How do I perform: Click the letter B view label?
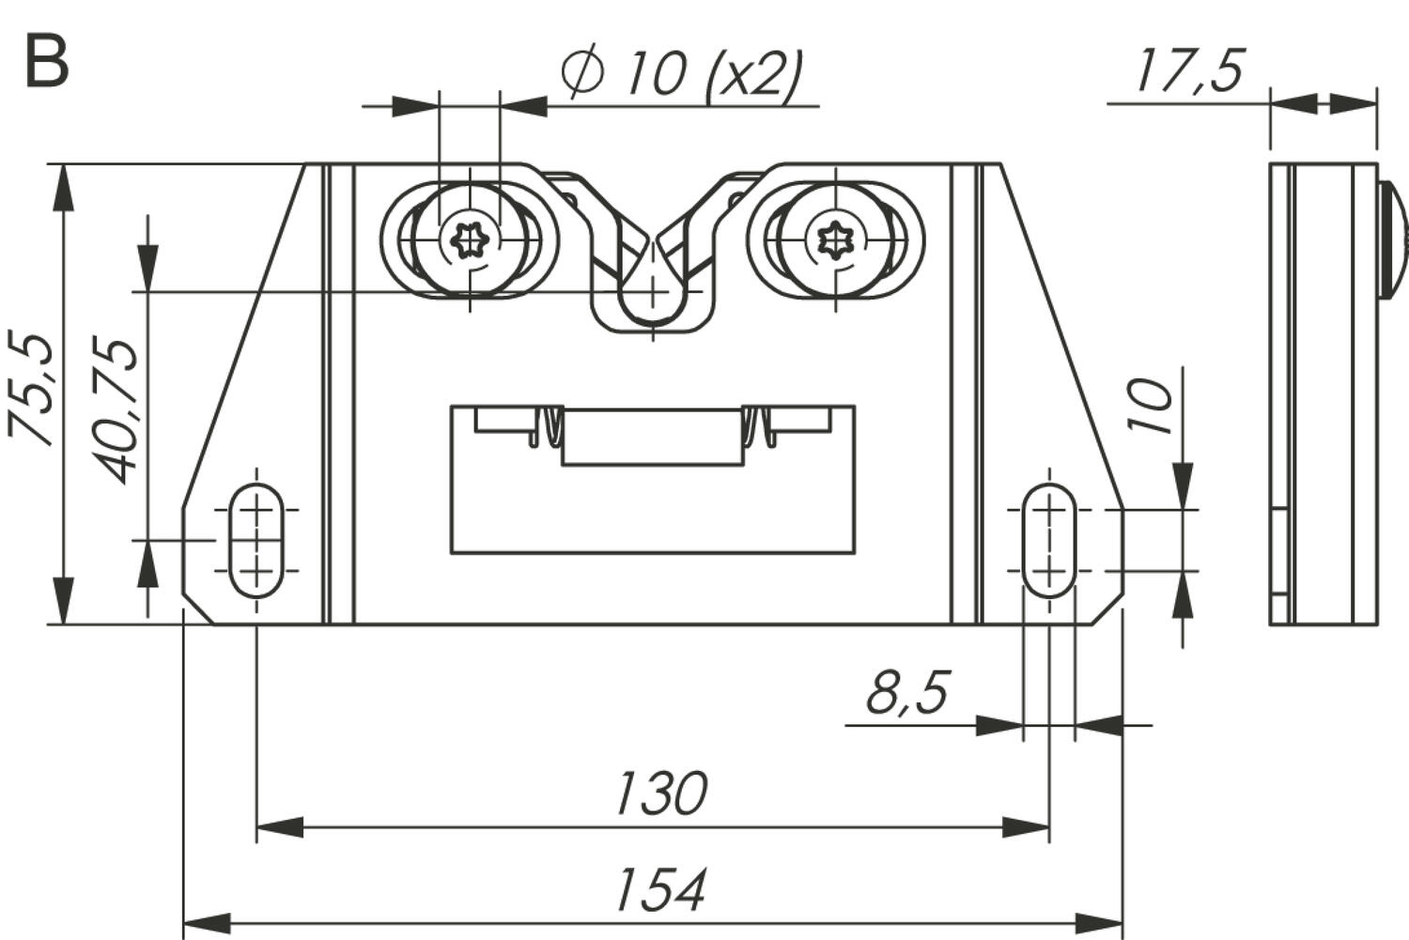[46, 62]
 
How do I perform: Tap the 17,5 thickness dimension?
[1189, 70]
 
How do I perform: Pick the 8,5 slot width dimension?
[906, 693]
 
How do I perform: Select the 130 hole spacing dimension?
[659, 794]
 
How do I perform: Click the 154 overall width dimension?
[659, 890]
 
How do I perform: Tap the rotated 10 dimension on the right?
[1152, 406]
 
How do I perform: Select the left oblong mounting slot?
[255, 541]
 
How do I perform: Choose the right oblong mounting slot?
[1048, 541]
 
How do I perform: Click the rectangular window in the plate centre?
[652, 507]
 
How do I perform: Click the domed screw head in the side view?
[1392, 240]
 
